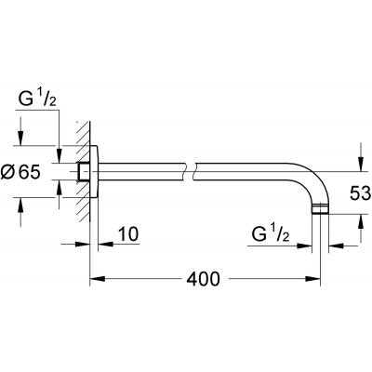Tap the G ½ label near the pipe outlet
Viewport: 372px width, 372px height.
[x=275, y=232]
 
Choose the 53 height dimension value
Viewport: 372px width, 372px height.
[x=358, y=190]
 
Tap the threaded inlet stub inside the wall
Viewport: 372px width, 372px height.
[x=83, y=171]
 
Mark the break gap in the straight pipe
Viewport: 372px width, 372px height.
[x=192, y=171]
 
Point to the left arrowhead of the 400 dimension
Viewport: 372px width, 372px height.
[x=94, y=278]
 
